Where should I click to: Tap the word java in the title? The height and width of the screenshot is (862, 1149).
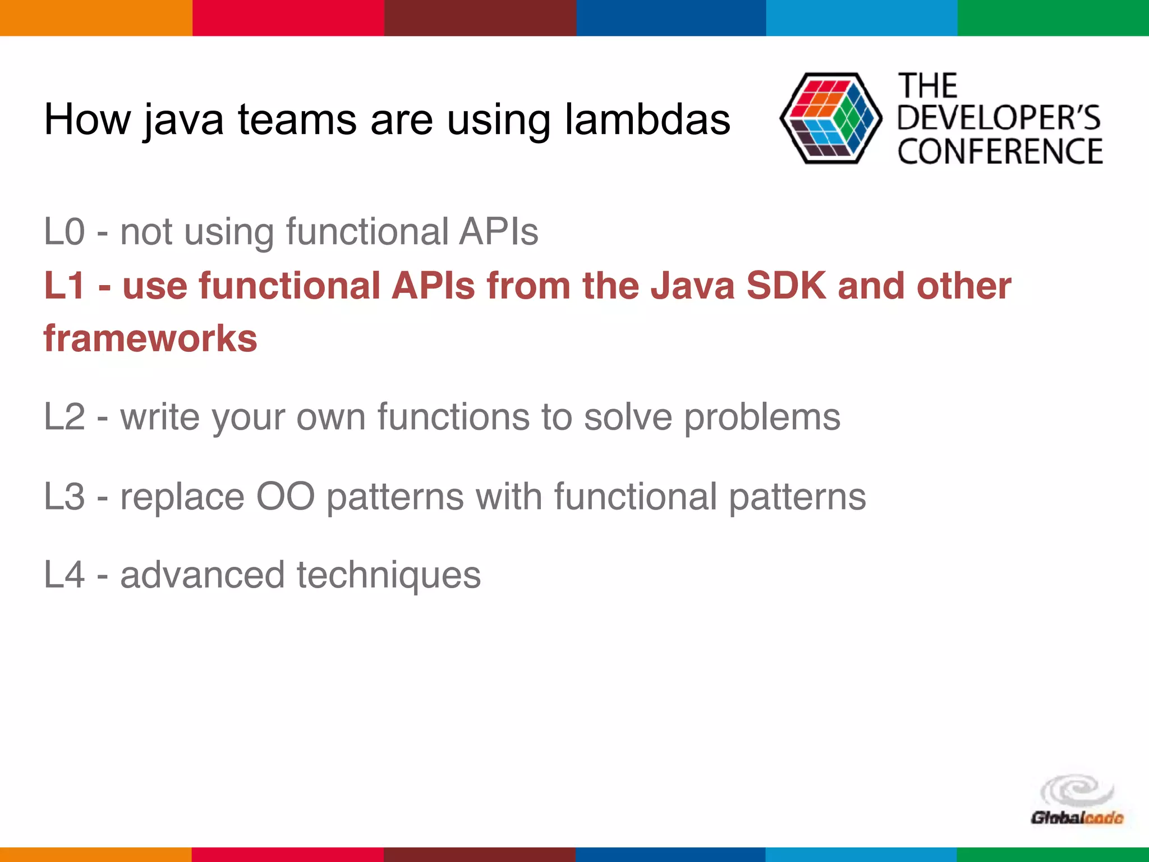tap(183, 121)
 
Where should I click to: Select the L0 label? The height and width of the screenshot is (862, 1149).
tap(65, 231)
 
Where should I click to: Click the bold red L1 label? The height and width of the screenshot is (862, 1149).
tap(65, 285)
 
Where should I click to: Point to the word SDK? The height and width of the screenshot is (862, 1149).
tap(786, 285)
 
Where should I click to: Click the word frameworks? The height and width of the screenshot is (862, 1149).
tap(150, 339)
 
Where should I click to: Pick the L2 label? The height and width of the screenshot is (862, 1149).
tap(65, 417)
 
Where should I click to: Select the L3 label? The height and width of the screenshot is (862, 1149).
tap(65, 497)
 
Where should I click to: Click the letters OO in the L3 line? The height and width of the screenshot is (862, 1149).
tap(285, 497)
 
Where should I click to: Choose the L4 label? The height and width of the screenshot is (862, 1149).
tap(65, 575)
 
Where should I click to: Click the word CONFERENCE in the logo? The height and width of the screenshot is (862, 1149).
tap(1000, 152)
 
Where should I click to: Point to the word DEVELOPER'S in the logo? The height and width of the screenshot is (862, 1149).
tap(999, 118)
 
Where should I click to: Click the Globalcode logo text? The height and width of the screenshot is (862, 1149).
tap(1077, 818)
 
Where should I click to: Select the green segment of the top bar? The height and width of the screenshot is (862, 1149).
tap(1053, 17)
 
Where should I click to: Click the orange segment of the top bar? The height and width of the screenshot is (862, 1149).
tap(95, 17)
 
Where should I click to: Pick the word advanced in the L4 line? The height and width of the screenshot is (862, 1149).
tap(203, 575)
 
